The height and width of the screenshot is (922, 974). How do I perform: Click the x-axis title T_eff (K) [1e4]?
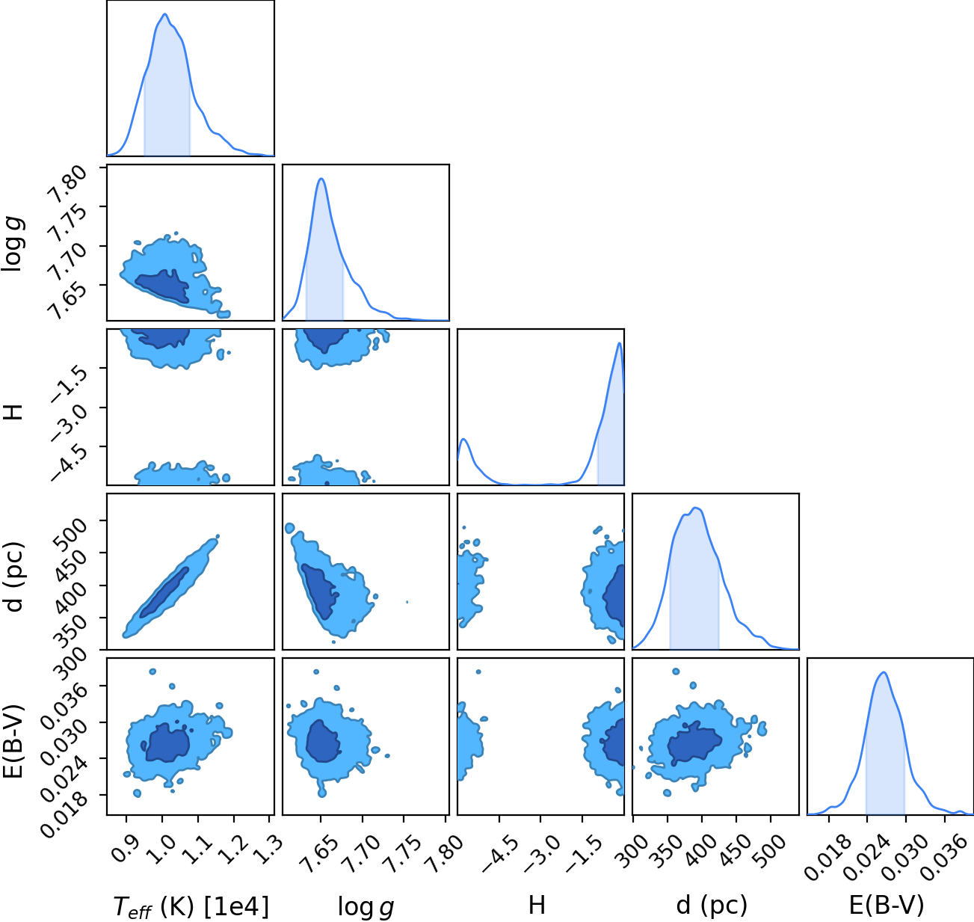pos(191,906)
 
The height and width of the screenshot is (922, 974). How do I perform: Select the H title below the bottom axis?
pos(537,905)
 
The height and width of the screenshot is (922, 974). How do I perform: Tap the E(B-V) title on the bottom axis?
pos(887,906)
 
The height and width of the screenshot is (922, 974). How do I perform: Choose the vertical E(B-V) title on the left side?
pos(14,741)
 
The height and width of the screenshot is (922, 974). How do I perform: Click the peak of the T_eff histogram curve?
pos(165,14)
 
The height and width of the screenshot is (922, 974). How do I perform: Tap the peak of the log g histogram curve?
pos(321,179)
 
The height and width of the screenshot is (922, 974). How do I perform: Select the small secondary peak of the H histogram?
pos(463,439)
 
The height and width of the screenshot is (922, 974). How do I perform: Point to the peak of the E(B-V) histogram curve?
pos(884,673)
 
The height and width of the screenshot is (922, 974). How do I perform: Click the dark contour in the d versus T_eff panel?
pos(164,592)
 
